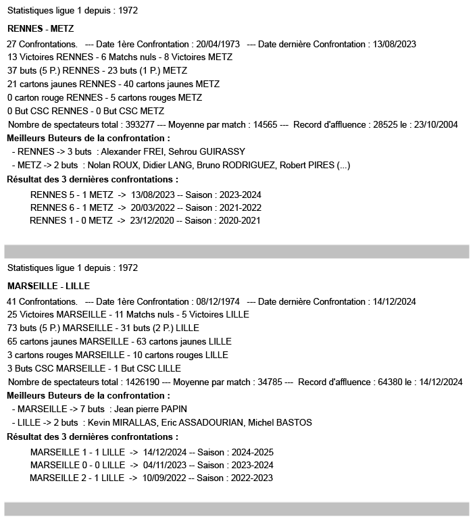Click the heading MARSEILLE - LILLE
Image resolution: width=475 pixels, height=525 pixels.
[49, 286]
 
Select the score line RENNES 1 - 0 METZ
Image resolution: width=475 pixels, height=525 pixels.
[71, 220]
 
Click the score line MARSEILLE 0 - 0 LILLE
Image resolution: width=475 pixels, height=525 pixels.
[77, 465]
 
